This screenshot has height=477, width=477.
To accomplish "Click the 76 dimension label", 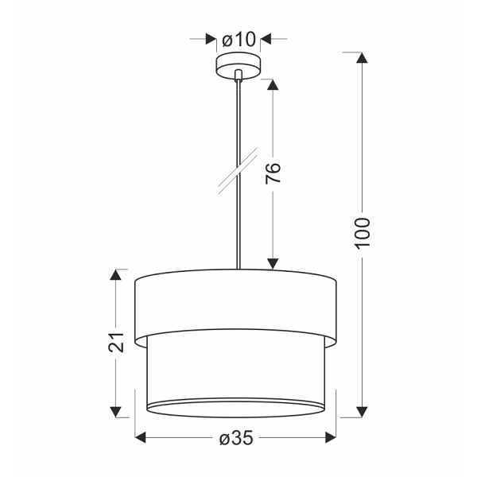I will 272,173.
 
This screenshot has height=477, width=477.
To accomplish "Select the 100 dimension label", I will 363,232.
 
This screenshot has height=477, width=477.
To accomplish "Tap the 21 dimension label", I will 117,342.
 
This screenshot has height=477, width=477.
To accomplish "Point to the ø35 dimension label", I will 236,437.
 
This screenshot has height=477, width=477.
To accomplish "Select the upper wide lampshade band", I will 236,302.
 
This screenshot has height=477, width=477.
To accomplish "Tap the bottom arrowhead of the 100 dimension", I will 363,411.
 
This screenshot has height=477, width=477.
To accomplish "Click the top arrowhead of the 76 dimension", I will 272,84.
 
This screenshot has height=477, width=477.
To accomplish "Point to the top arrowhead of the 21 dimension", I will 117,275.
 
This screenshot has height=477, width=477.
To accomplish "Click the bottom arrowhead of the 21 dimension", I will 117,411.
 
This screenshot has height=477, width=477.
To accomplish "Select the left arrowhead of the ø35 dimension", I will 141,437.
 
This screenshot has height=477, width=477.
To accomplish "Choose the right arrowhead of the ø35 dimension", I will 332,437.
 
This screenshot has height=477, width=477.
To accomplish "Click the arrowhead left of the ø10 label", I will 211,39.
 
